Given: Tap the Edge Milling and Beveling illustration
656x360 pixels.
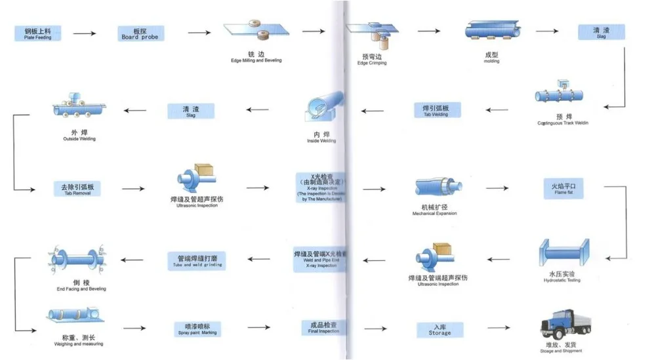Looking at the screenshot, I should coord(256,32).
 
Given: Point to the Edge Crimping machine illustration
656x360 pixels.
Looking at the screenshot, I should coord(372,35).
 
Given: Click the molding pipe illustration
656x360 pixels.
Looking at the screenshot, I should coord(493,31).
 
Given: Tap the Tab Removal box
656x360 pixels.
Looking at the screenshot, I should coord(77,189).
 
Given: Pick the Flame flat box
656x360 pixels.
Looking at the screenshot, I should coord(562,190).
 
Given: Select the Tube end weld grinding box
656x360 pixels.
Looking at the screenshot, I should coord(197,260).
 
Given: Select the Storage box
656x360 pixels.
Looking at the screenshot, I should coord(440,329).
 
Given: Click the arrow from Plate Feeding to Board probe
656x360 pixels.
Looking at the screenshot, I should coord(85,33).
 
